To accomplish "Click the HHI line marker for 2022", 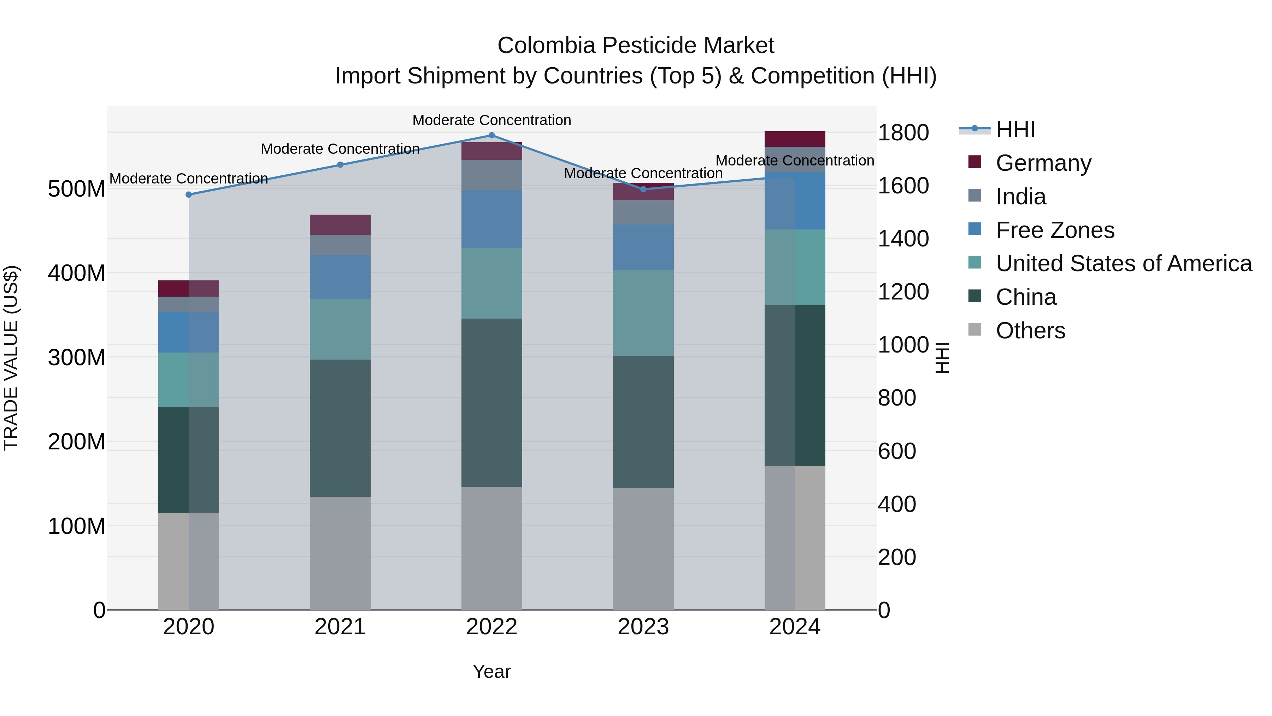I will point(491,135).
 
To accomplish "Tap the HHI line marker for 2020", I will point(189,195).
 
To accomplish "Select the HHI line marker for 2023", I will point(643,189).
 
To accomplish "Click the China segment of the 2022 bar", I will point(491,403).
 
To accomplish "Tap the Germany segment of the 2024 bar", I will point(795,139).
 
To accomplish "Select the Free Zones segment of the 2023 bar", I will point(643,248).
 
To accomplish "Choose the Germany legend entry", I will point(1043,163).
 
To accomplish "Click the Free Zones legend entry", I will point(1055,230).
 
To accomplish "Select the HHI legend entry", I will point(1015,129).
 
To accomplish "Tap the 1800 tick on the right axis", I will point(903,133).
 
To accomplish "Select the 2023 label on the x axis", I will point(643,627).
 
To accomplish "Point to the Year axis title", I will point(491,671).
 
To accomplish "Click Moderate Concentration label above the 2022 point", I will point(491,120).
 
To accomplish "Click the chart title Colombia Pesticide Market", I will point(636,46).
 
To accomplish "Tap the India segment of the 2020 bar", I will point(189,304).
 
